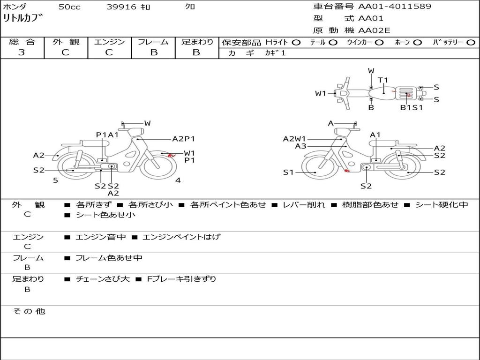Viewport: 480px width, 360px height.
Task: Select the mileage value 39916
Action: click(121, 7)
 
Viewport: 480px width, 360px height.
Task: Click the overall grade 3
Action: click(22, 52)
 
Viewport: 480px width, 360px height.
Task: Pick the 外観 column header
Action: click(66, 42)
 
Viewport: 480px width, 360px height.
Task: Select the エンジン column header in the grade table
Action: click(109, 42)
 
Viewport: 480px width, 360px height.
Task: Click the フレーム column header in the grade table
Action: click(153, 42)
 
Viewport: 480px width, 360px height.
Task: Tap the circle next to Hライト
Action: click(296, 42)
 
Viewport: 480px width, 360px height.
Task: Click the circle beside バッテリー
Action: click(471, 42)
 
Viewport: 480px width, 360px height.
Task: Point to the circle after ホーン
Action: click(417, 42)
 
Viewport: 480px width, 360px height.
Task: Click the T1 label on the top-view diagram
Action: click(383, 80)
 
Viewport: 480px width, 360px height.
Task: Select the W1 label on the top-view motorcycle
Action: click(321, 93)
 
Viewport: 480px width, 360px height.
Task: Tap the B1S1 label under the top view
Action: click(411, 107)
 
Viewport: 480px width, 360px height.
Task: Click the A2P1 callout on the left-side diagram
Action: click(183, 139)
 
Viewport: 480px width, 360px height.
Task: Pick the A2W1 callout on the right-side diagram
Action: click(294, 139)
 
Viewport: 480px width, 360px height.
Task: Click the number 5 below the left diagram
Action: click(55, 180)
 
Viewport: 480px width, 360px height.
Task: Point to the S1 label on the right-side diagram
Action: click(289, 172)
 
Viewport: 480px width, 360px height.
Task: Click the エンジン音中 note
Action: click(101, 237)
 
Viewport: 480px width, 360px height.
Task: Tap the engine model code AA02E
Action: click(374, 30)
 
